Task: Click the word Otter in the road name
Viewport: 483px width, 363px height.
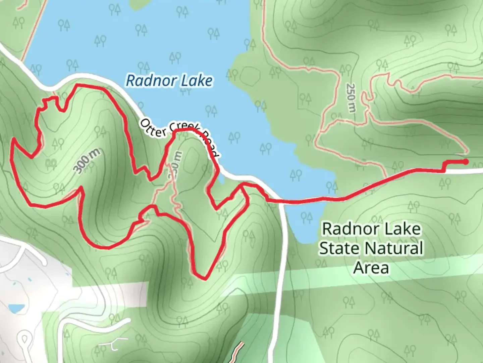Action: tap(153, 128)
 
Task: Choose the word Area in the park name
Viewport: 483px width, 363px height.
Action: tap(371, 268)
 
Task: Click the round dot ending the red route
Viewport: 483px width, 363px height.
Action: tap(466, 162)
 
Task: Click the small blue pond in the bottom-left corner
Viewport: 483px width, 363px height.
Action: tap(16, 308)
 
